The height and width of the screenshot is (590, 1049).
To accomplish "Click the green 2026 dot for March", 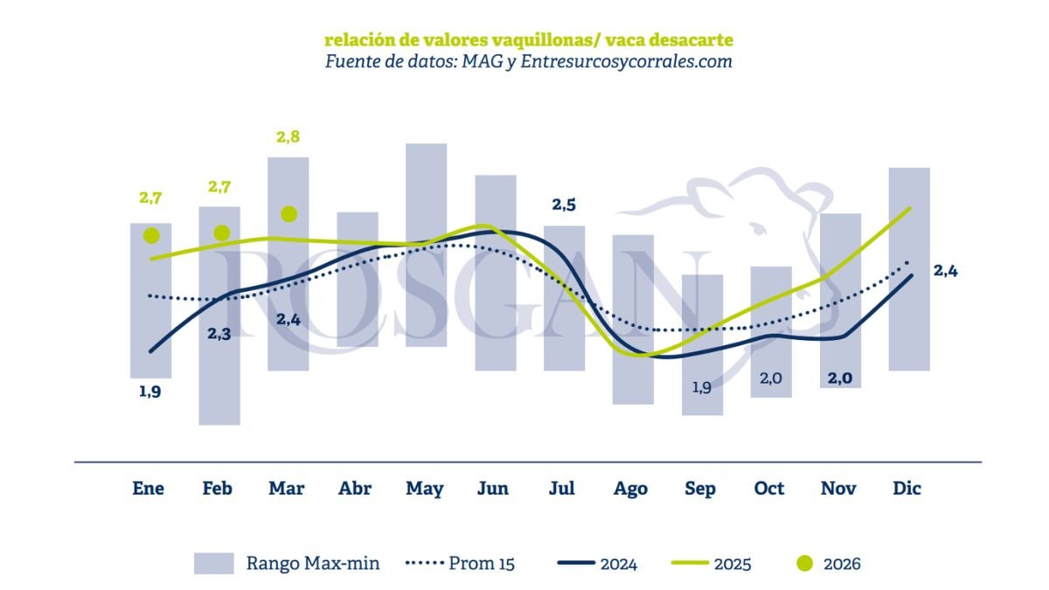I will pyautogui.click(x=289, y=214).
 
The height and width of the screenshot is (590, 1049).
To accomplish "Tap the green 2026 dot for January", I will pyautogui.click(x=151, y=236).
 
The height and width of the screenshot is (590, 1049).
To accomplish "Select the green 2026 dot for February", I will pyautogui.click(x=221, y=233).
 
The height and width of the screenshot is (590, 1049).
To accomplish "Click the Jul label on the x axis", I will pyautogui.click(x=562, y=489).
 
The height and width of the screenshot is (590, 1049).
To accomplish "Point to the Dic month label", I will pyautogui.click(x=907, y=489).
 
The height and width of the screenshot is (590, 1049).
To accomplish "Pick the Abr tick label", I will pyautogui.click(x=356, y=489).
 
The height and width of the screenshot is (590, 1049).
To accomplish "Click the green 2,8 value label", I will pyautogui.click(x=288, y=137).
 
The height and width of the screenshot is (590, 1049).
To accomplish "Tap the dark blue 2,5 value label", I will pyautogui.click(x=564, y=205).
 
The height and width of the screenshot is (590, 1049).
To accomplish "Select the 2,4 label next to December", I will pyautogui.click(x=946, y=271).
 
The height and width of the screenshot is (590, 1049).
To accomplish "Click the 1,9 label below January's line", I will pyautogui.click(x=149, y=392).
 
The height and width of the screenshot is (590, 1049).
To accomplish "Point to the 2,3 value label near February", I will pyautogui.click(x=219, y=332).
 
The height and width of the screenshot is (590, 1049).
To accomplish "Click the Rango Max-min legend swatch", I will pyautogui.click(x=214, y=564).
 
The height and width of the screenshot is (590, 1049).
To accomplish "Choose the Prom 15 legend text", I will pyautogui.click(x=482, y=564).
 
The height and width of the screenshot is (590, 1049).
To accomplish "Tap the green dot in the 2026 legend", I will pyautogui.click(x=804, y=564).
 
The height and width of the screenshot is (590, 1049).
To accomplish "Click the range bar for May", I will pyautogui.click(x=426, y=245).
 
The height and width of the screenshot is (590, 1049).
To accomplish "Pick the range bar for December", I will pyautogui.click(x=909, y=269).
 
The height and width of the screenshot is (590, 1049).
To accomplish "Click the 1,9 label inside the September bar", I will pyautogui.click(x=701, y=386).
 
